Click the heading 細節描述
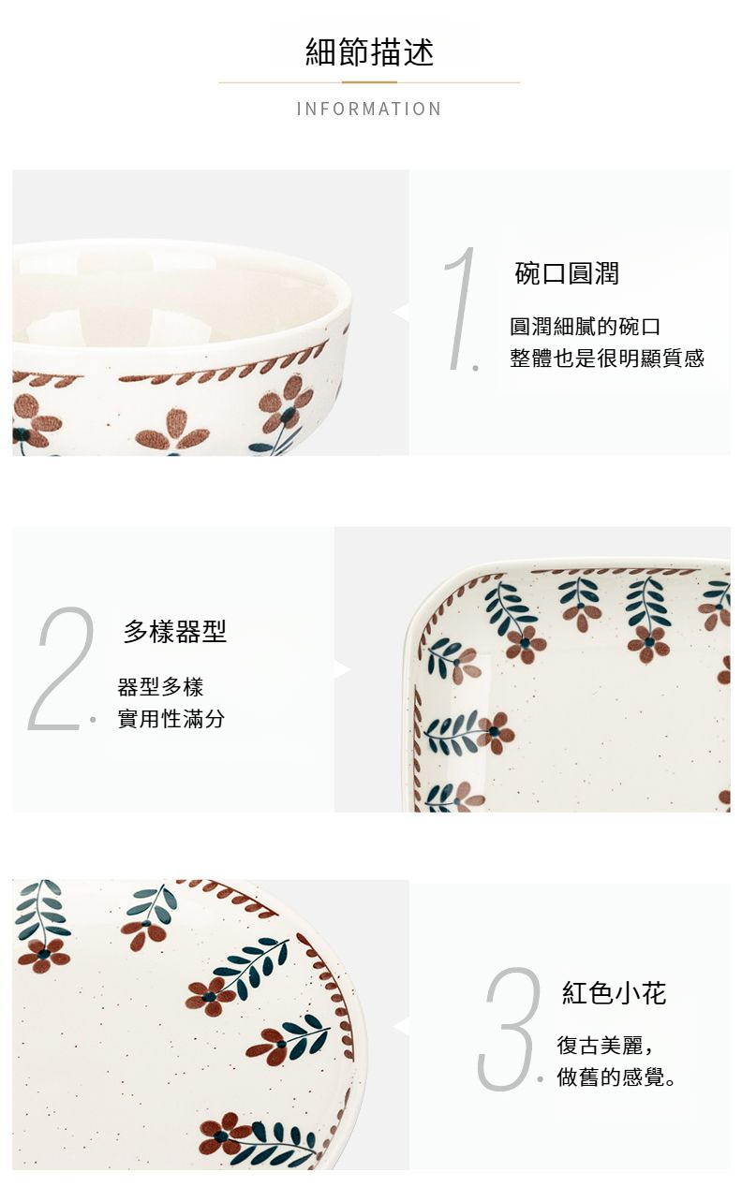369,52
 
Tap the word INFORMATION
369,109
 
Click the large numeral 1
461,308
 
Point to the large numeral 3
510,1029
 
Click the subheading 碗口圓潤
567,273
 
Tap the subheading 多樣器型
175,631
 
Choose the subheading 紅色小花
614,993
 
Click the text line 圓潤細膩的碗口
585,326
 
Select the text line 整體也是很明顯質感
607,359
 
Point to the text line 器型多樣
160,687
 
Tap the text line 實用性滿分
171,719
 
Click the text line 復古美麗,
605,1045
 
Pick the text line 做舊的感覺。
616,1077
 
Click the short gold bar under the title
370,82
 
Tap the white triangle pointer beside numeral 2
342,669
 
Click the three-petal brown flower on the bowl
171,432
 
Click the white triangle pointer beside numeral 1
401,313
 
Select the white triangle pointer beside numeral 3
401,1026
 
